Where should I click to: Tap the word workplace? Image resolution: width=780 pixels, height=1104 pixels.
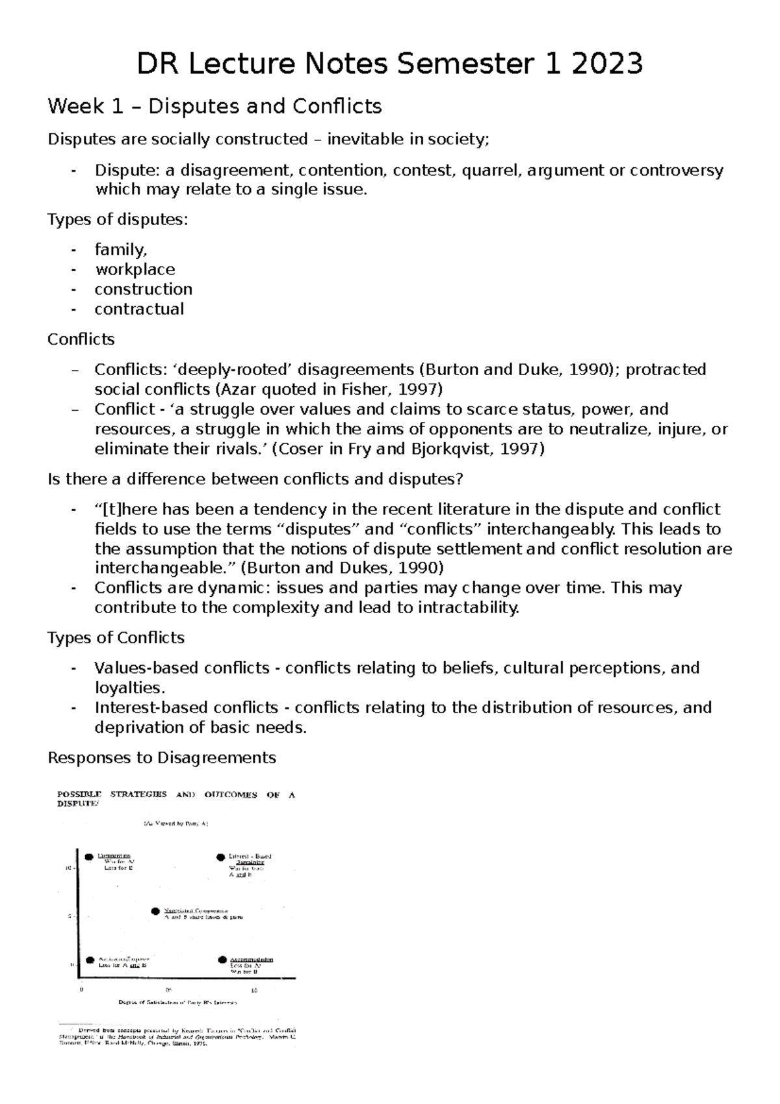click(135, 269)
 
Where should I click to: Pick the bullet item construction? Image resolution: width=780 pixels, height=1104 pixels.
click(143, 289)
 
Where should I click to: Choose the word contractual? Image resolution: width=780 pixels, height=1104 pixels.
click(139, 309)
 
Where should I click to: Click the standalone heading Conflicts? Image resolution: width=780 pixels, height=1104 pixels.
click(81, 339)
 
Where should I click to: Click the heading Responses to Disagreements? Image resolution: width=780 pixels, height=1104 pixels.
click(162, 758)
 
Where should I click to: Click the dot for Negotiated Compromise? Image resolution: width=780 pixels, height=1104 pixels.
click(155, 912)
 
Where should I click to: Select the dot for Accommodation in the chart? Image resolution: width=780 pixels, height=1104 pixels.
click(222, 959)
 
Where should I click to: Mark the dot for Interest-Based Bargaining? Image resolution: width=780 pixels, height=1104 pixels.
click(220, 857)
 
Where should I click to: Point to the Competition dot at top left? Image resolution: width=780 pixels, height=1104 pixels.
click(89, 856)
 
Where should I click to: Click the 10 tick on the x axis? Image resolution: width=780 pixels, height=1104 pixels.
click(254, 990)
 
